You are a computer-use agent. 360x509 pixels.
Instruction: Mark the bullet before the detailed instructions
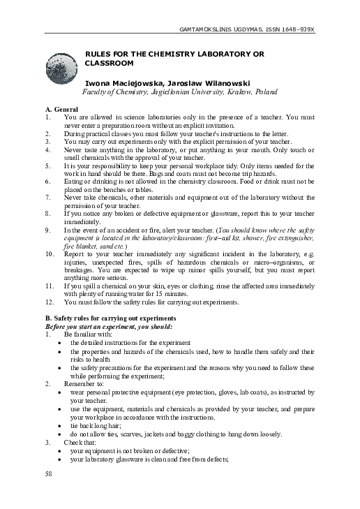point(65,343)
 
